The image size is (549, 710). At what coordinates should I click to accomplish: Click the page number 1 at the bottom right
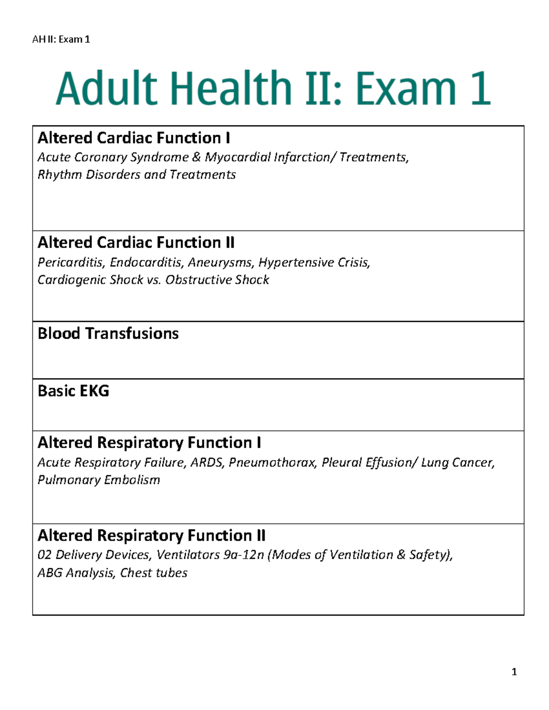(x=514, y=672)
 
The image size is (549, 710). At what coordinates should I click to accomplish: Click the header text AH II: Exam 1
(x=61, y=39)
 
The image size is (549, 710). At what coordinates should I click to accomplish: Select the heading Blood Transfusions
(x=108, y=333)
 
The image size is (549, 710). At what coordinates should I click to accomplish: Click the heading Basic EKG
(x=73, y=391)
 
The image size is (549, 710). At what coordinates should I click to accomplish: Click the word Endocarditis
(x=146, y=262)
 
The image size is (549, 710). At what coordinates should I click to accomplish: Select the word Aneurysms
(x=221, y=262)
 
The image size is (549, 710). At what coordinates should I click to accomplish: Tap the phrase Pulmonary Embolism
(x=99, y=480)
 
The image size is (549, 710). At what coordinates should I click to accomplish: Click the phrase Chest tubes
(x=154, y=573)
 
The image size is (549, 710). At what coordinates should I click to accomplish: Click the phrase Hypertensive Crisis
(x=314, y=262)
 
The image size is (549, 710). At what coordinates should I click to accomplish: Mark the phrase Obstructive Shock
(x=217, y=280)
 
